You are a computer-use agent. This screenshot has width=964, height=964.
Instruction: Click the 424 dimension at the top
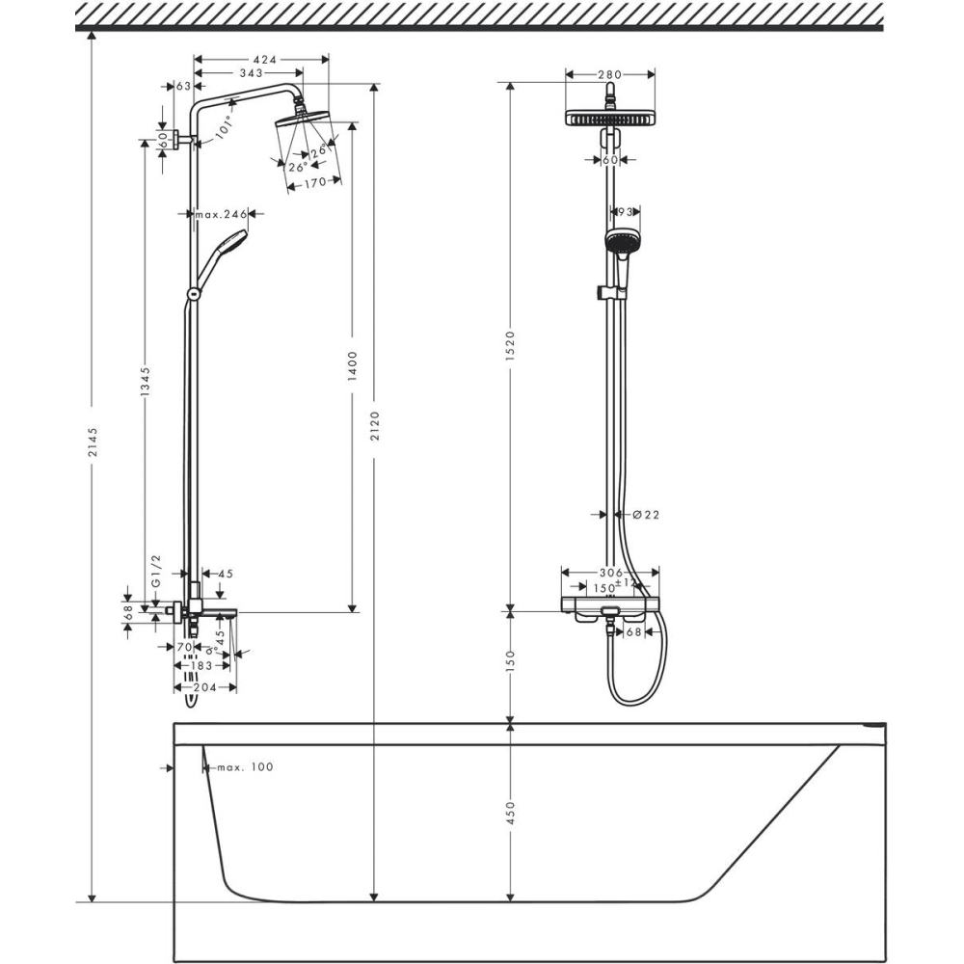pos(262,60)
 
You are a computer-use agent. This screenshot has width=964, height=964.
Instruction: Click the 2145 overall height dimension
pos(92,442)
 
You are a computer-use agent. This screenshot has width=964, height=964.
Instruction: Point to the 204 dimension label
pos(204,687)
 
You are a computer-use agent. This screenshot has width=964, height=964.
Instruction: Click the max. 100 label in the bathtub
pos(243,767)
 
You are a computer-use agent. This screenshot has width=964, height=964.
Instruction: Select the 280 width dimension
pos(609,74)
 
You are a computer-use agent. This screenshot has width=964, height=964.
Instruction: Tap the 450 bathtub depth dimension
pos(511,812)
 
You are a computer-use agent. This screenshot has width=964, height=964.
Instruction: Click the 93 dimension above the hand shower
pos(623,211)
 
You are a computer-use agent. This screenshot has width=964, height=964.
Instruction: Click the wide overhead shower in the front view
pos(609,119)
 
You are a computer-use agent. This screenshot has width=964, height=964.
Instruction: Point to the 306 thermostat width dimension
pos(608,573)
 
